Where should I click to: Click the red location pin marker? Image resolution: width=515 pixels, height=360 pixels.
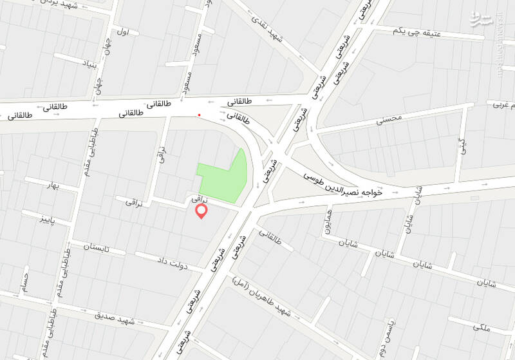201,212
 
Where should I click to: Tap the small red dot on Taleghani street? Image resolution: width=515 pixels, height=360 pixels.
200,115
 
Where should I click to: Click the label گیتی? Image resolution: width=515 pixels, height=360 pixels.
461,146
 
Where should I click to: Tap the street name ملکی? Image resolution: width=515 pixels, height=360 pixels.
481,328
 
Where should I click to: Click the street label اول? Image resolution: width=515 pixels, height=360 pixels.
124,31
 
